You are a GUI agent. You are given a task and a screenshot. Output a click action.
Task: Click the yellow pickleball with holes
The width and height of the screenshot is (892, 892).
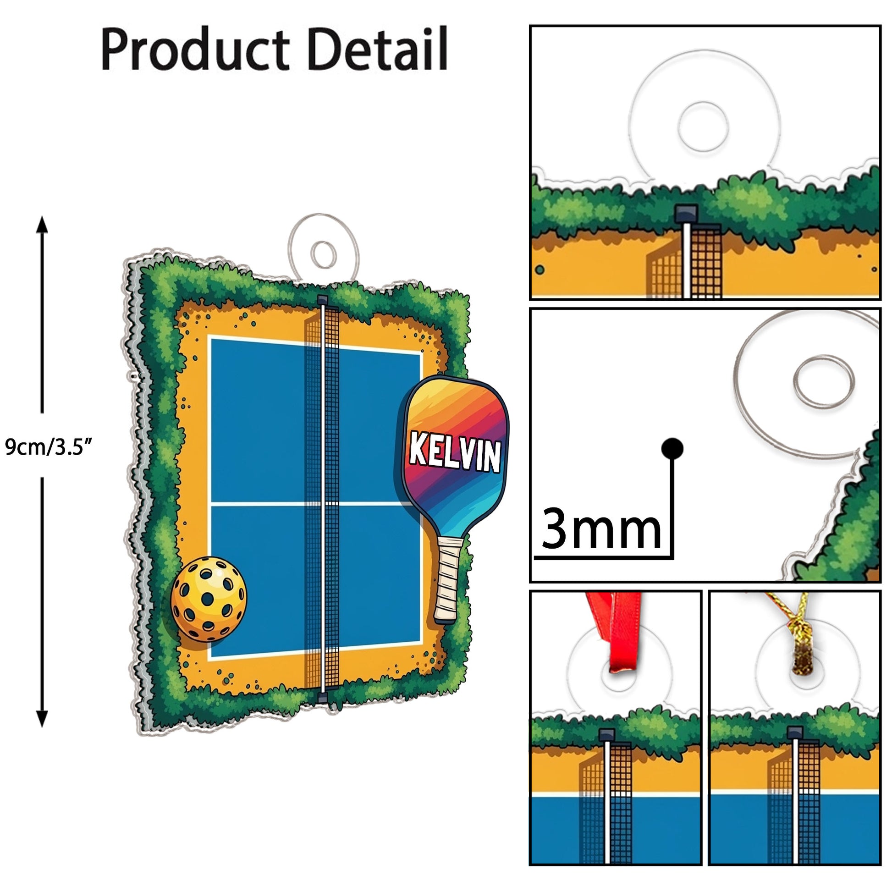click(x=209, y=599)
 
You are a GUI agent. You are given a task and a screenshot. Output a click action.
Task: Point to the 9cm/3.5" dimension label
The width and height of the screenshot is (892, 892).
click(x=49, y=447)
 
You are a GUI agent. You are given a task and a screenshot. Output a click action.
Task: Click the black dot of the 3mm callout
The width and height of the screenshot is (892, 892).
click(x=672, y=448)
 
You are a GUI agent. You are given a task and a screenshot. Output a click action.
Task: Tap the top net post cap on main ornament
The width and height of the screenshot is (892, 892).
click(x=323, y=300)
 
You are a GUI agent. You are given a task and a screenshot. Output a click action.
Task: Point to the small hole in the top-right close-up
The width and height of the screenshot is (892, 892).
click(x=703, y=126)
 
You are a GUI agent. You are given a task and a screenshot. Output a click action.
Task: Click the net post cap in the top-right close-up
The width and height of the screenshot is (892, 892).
click(x=687, y=214)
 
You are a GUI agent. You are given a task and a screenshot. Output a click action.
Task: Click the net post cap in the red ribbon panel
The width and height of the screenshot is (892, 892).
click(x=607, y=735)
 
